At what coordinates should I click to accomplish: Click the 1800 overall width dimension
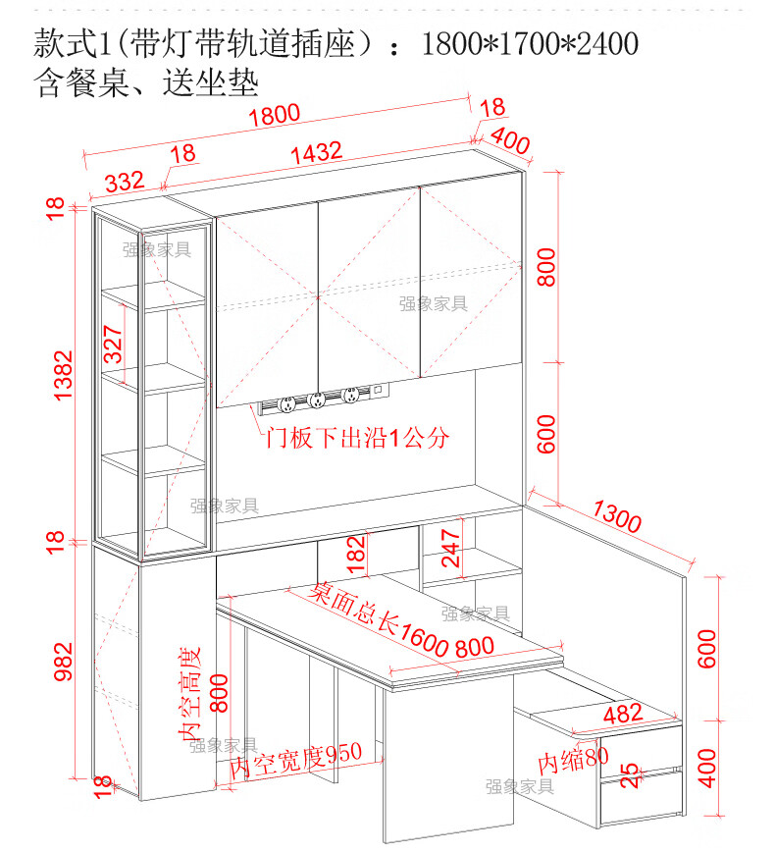pos(274,116)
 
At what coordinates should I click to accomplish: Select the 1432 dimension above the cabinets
pos(315,152)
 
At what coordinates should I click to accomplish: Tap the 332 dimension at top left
pos(125,182)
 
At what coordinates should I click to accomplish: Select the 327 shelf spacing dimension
pos(115,344)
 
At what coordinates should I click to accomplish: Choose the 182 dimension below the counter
pos(356,555)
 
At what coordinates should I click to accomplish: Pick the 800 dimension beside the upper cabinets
pos(546,266)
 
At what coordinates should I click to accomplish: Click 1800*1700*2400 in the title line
pos(530,43)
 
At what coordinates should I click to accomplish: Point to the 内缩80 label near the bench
pos(573,760)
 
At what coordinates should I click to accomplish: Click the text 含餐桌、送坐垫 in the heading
pos(145,82)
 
